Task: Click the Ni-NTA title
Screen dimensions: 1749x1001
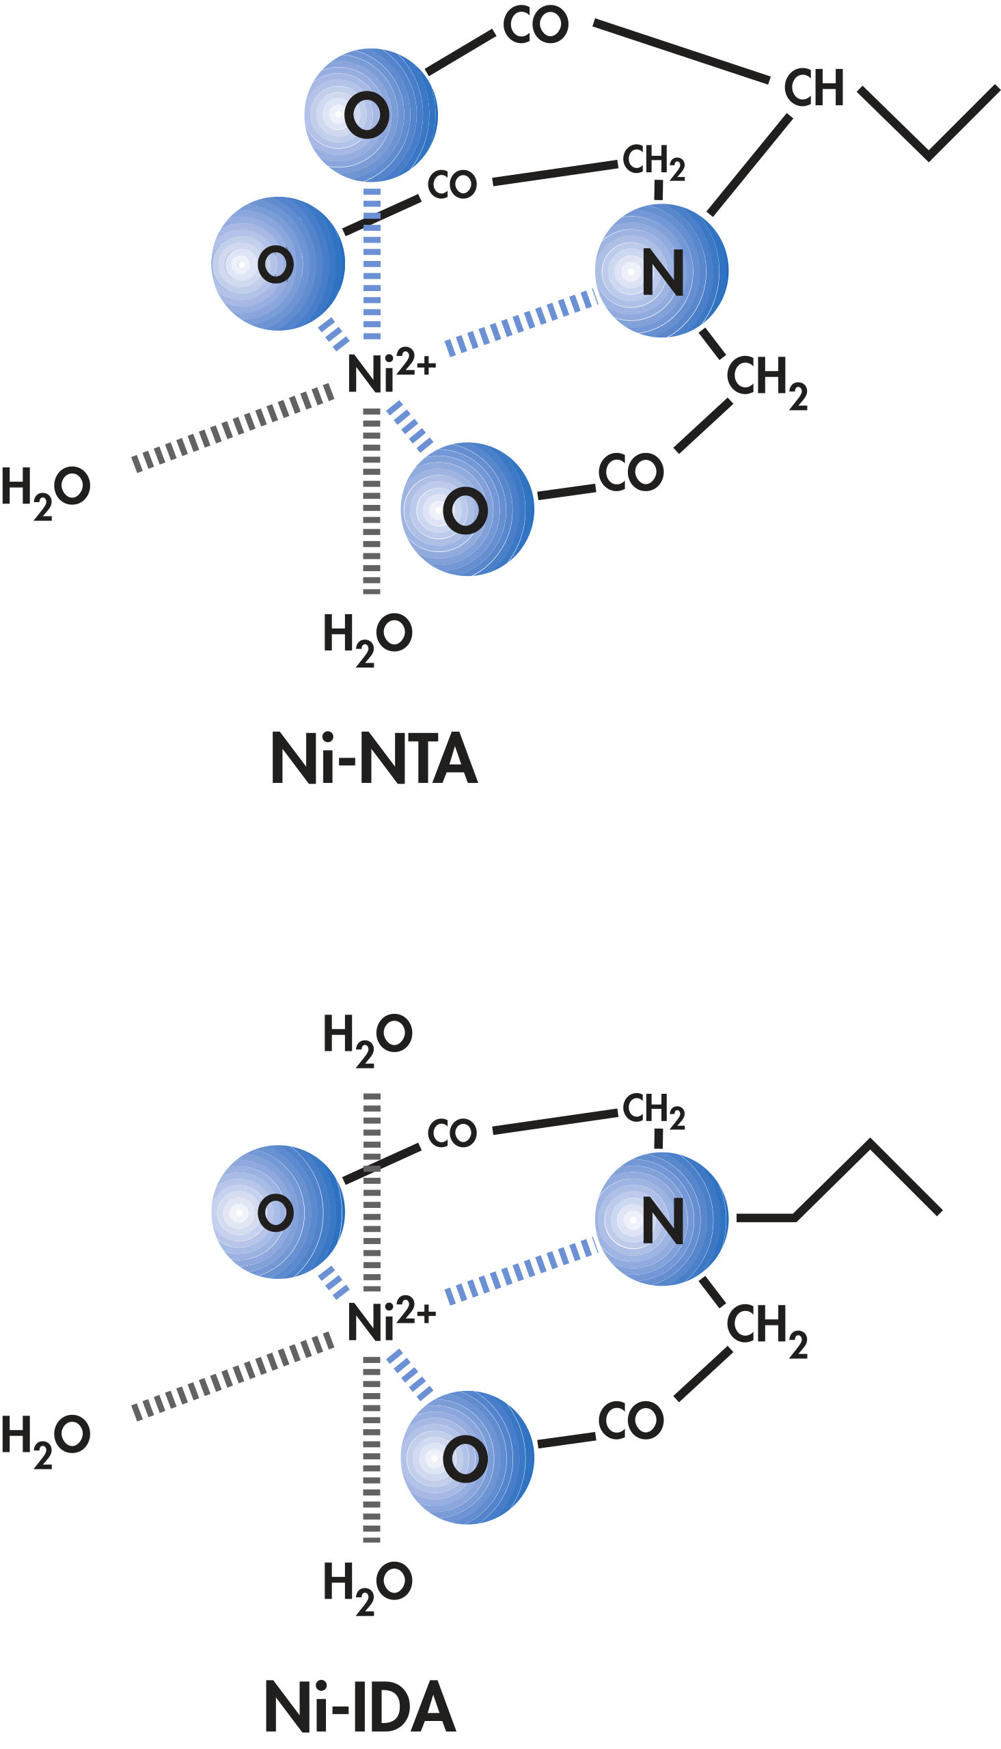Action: pyautogui.click(x=374, y=759)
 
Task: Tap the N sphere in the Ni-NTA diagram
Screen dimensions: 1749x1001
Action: pyautogui.click(x=661, y=271)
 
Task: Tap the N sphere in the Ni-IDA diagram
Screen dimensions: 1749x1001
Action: pyautogui.click(x=661, y=1219)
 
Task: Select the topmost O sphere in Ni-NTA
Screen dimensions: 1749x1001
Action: pyautogui.click(x=370, y=114)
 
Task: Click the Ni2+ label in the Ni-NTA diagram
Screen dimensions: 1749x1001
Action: pyautogui.click(x=390, y=372)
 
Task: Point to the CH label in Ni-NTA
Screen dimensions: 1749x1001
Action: pyautogui.click(x=814, y=89)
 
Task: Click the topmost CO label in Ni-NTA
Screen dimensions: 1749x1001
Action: pyautogui.click(x=536, y=25)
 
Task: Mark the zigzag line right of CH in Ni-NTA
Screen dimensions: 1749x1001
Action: pyautogui.click(x=929, y=124)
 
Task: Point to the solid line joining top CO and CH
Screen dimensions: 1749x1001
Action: pyautogui.click(x=681, y=51)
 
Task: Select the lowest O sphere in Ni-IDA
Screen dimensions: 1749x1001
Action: pyautogui.click(x=467, y=1459)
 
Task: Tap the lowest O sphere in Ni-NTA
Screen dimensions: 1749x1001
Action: pyautogui.click(x=467, y=509)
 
